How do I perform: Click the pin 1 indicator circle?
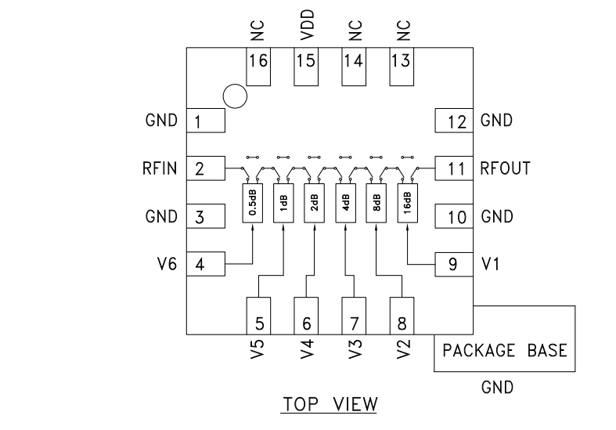pyautogui.click(x=234, y=96)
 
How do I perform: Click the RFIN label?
pyautogui.click(x=161, y=168)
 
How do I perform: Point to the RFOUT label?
pyautogui.click(x=506, y=168)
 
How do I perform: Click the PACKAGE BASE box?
pyautogui.click(x=505, y=350)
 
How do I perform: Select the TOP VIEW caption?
pyautogui.click(x=330, y=404)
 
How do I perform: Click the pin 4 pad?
pyautogui.click(x=206, y=265)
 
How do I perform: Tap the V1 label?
pyautogui.click(x=490, y=265)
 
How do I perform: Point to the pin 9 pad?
pyautogui.click(x=454, y=265)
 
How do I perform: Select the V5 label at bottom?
pyautogui.click(x=258, y=349)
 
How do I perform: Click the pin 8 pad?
pyautogui.click(x=402, y=316)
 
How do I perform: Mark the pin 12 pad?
pyautogui.click(x=454, y=121)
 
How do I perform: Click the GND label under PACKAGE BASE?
pyautogui.click(x=497, y=387)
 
